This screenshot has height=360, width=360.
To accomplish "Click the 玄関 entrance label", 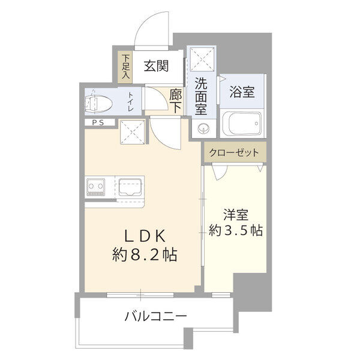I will click(x=155, y=67).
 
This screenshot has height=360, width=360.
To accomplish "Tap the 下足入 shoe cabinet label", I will click(x=126, y=67).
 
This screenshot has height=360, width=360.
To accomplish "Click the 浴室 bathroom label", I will click(x=242, y=92).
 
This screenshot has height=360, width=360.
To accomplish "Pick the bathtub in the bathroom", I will click(x=243, y=124).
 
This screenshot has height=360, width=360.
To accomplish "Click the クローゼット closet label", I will click(x=233, y=152).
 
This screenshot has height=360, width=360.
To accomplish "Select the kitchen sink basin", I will click(x=129, y=187).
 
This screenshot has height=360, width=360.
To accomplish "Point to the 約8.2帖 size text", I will click(x=145, y=256).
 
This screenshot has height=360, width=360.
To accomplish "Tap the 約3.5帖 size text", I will click(x=235, y=230).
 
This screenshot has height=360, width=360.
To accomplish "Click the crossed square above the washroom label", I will click(x=200, y=58).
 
